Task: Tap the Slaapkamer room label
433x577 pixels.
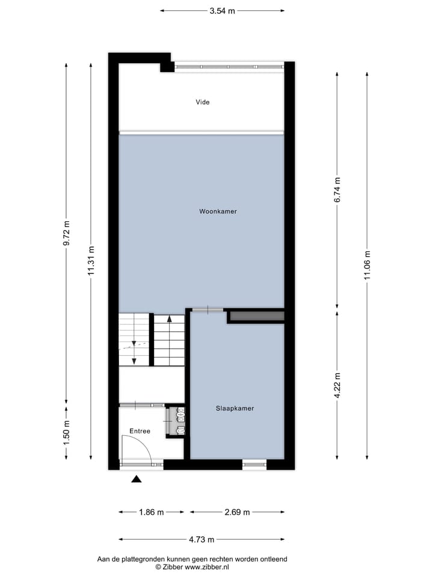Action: [235, 408]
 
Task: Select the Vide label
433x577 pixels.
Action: [203, 102]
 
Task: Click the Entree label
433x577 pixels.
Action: [140, 431]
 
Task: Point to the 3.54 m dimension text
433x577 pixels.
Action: [223, 10]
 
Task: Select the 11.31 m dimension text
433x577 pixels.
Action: [91, 261]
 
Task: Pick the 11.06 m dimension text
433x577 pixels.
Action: [367, 266]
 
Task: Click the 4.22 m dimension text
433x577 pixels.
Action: [337, 385]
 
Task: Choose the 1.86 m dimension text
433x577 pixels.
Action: [151, 512]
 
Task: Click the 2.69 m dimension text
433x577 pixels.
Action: [237, 512]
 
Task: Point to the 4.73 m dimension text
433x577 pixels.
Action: [201, 539]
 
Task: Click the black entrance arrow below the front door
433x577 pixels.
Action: [137, 479]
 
